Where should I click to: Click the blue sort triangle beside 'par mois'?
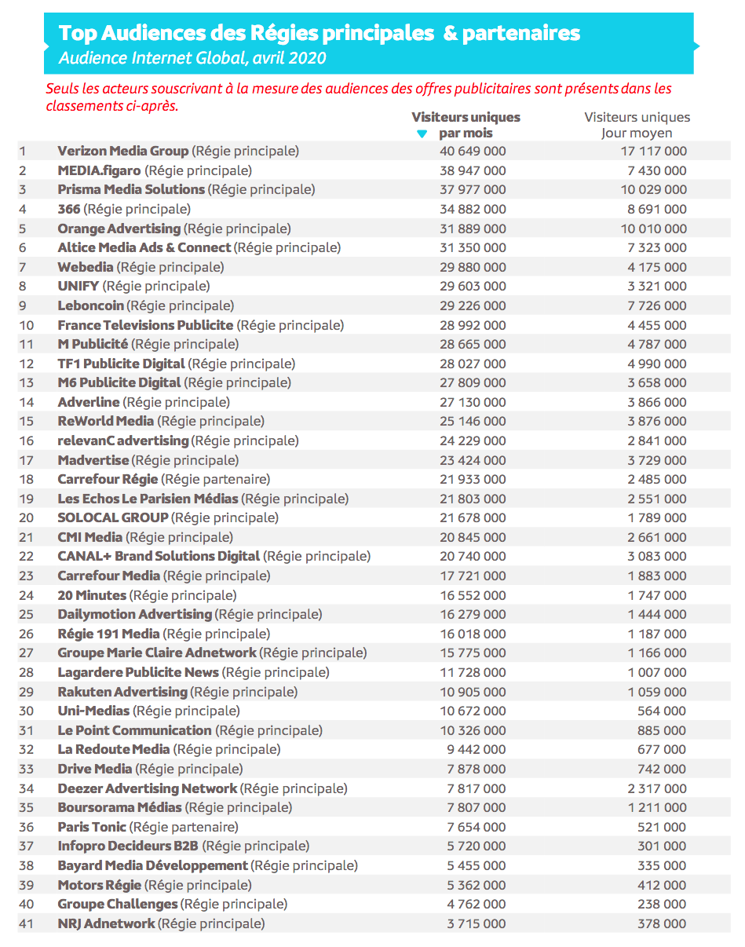422,134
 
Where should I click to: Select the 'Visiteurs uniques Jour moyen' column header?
637,125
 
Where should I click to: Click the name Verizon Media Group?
123,151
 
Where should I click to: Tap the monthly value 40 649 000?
472,151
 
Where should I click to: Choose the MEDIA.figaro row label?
99,170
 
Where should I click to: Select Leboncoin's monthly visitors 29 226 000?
472,305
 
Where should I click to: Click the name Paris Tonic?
91,827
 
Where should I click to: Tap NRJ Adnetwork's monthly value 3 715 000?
476,923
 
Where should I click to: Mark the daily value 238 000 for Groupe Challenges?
663,904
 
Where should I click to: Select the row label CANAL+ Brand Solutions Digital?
159,556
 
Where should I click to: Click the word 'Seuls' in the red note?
62,89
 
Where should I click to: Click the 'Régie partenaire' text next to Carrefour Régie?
216,479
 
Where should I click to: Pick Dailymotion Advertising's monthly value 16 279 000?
472,614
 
